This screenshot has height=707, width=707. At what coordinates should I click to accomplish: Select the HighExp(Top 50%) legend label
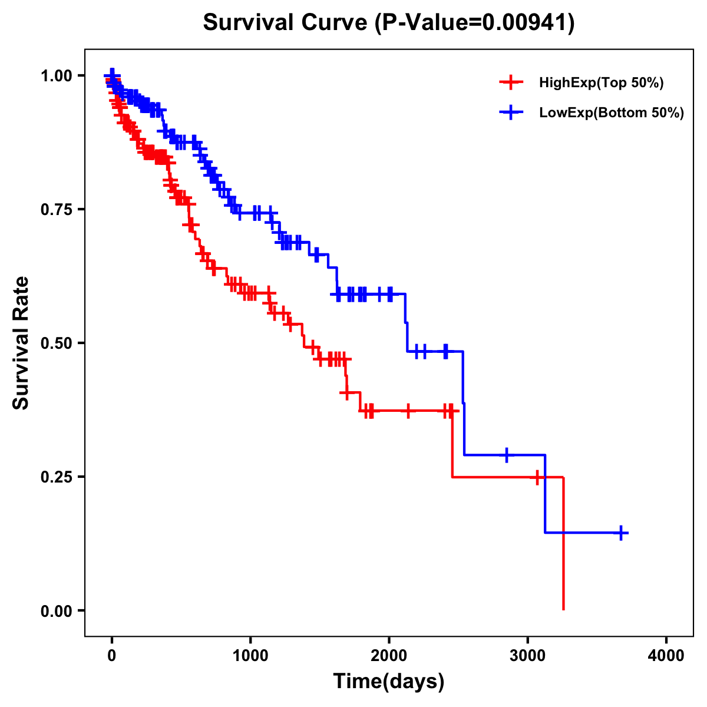coord(601,83)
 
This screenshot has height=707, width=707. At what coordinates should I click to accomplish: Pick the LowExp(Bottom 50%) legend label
coord(612,113)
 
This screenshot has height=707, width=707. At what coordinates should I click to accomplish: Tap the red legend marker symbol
coord(511,83)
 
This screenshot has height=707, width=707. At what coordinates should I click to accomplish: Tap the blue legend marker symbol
coord(511,113)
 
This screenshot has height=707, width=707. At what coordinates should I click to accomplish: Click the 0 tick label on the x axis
coord(112,656)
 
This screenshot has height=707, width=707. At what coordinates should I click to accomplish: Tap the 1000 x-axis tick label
coord(250,656)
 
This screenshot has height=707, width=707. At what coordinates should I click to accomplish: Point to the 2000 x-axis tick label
coord(389,656)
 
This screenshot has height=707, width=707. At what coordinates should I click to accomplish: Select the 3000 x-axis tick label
coord(528,656)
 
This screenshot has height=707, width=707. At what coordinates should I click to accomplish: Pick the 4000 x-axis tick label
coord(666,656)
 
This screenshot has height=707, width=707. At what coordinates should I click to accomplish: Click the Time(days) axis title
coord(389,682)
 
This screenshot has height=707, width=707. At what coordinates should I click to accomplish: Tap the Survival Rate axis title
coord(21,343)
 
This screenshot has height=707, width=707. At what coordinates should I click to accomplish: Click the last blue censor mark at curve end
coord(620,533)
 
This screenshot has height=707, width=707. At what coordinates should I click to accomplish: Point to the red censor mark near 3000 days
coord(537,477)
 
